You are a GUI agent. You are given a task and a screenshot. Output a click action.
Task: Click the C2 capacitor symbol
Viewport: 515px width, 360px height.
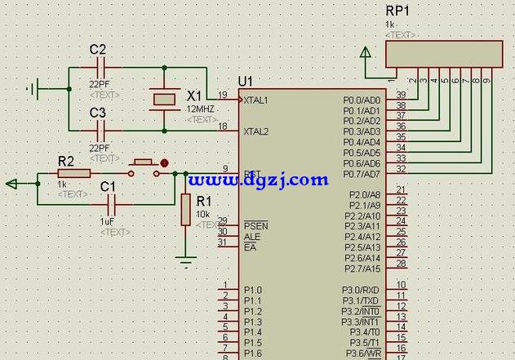tap(100, 68)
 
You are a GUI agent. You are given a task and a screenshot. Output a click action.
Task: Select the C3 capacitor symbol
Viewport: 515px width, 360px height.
tap(100, 130)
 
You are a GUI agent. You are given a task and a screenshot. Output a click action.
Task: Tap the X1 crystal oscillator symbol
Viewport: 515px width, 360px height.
tap(164, 99)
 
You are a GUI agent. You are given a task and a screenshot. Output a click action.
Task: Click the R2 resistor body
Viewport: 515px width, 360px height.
tap(74, 173)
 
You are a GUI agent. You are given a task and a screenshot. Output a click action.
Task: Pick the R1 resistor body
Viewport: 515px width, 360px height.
tap(185, 210)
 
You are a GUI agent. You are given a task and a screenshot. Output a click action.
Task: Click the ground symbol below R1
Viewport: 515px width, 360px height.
tap(186, 261)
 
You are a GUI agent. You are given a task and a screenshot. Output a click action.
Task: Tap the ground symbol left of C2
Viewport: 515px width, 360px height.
tap(35, 87)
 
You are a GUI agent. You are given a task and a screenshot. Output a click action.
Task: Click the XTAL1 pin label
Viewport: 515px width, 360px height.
tap(255, 100)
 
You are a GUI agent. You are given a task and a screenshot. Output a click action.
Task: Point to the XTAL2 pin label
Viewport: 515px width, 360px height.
tap(255, 131)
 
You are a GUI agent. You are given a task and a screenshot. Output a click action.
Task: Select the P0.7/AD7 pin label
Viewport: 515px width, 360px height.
tap(362, 174)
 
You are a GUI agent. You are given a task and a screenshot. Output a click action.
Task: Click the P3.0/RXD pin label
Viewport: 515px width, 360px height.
tap(360, 290)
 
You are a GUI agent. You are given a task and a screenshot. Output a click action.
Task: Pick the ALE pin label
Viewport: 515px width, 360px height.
tap(251, 237)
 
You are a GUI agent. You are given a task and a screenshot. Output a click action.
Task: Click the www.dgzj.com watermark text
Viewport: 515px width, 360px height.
tap(257, 180)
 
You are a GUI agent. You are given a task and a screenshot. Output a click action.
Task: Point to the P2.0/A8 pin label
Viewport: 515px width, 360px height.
tap(364, 194)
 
